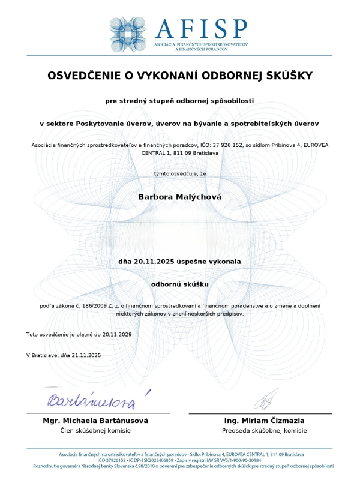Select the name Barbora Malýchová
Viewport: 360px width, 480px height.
point(179,196)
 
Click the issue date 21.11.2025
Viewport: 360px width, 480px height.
point(86,355)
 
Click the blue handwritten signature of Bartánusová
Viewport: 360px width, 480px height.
point(93,398)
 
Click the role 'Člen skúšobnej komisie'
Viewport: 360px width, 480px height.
point(95,431)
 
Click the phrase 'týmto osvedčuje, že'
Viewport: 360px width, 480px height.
point(179,174)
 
